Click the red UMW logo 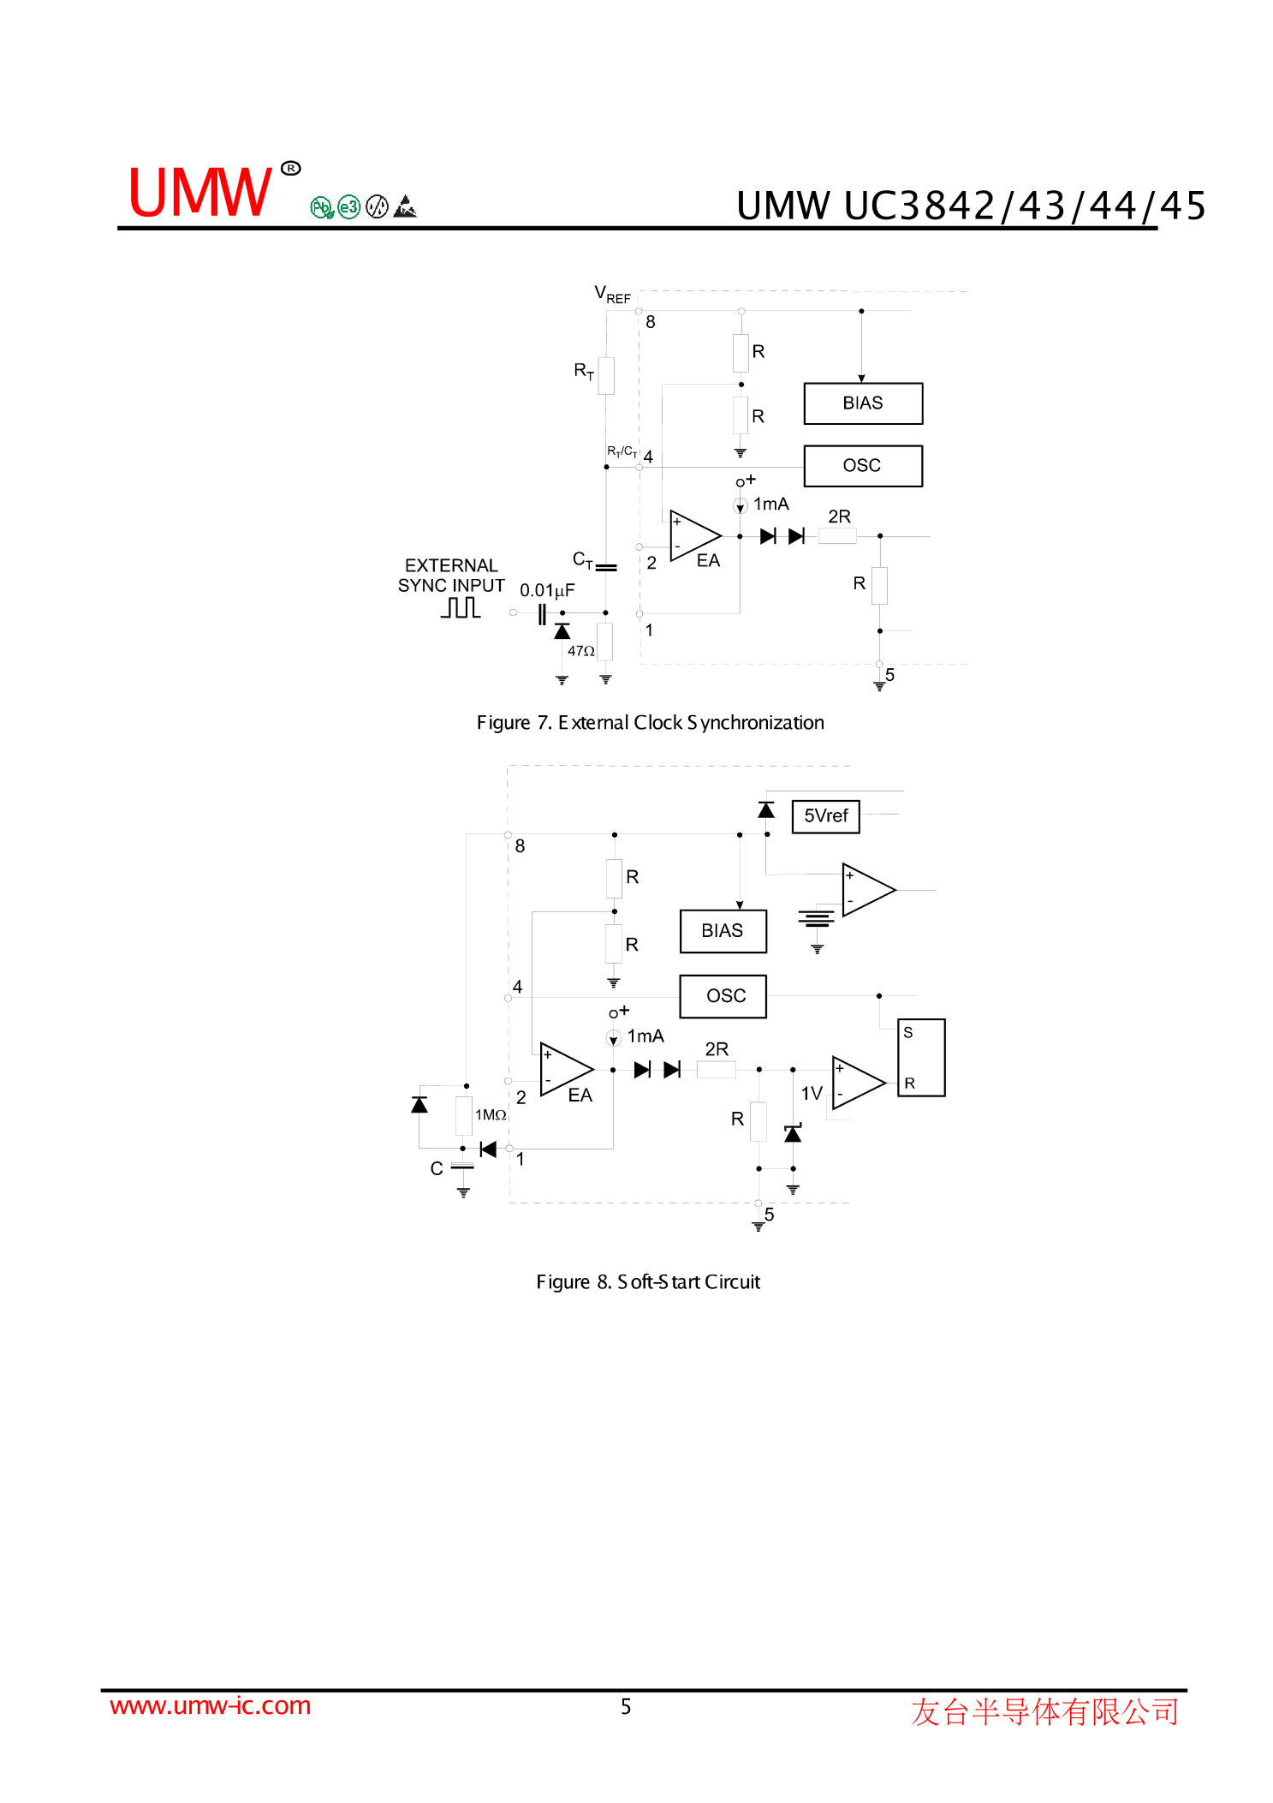pos(200,193)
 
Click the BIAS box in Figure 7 pos(862,403)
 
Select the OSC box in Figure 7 pos(862,466)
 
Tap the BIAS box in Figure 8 pos(723,931)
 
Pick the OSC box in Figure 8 pos(723,996)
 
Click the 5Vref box pos(825,816)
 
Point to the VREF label pos(612,295)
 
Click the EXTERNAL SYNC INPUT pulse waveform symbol pos(461,607)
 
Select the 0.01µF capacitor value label pos(547,590)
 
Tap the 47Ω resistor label pos(580,651)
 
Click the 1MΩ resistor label pos(491,1114)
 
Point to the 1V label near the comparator pos(811,1094)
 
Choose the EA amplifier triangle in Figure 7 pos(694,536)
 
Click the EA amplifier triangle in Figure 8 pos(566,1070)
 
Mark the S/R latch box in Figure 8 pos(920,1058)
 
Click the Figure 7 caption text pos(650,723)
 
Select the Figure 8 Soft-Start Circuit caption pos(648,1282)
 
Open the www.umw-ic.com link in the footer pos(211,1705)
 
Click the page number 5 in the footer pos(626,1707)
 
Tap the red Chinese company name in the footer pos(1044,1711)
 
